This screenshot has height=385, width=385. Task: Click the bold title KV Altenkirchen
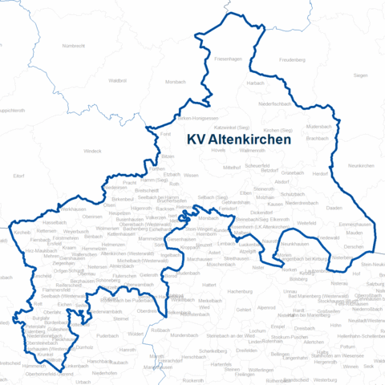(x=238, y=138)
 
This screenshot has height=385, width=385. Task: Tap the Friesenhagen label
(x=228, y=60)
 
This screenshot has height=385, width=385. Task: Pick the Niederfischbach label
(x=274, y=104)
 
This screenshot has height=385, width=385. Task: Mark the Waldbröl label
(x=117, y=80)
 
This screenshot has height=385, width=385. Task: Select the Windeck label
(x=92, y=150)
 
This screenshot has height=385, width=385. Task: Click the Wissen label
(x=191, y=175)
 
